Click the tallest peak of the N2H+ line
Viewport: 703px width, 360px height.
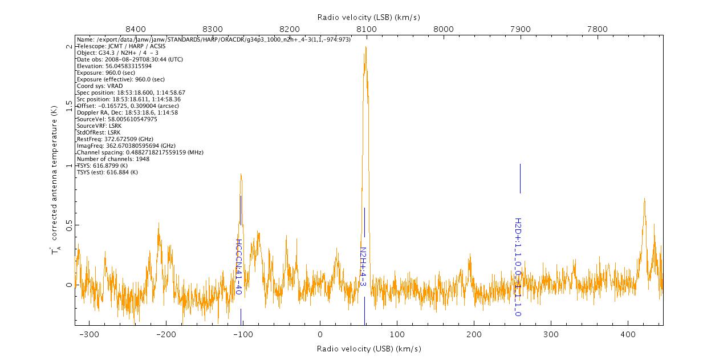(x=365, y=47)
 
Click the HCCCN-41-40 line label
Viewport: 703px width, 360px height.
(x=239, y=266)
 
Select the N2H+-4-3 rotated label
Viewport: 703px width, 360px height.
(x=363, y=267)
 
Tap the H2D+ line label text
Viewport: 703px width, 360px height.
(x=518, y=267)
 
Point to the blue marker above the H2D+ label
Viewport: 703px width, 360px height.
(x=520, y=179)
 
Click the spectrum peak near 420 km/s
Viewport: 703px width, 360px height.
(x=644, y=199)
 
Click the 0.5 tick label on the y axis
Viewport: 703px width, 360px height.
(x=68, y=225)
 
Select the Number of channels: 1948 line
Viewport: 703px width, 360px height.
(x=113, y=159)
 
